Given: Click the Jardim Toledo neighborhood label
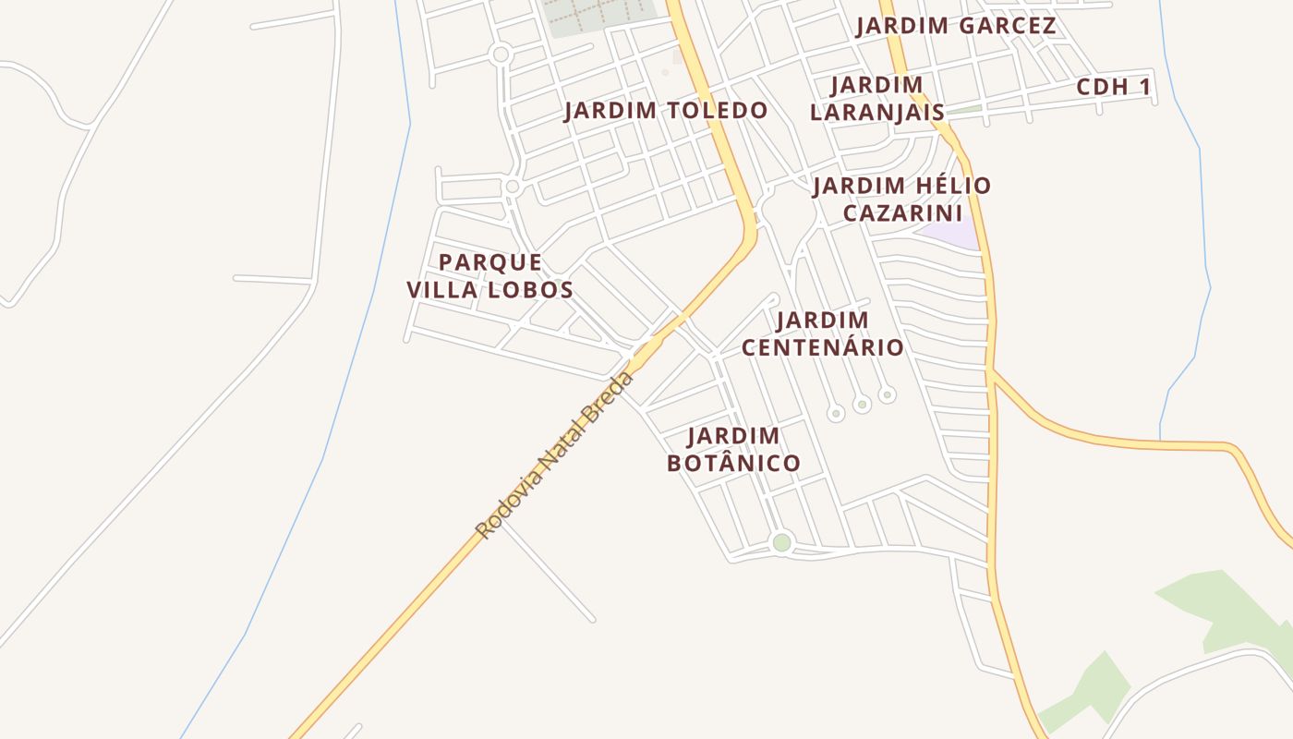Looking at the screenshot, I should point(665,111).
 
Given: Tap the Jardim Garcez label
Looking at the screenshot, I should point(955,26).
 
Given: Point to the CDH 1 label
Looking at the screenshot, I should point(1114,88).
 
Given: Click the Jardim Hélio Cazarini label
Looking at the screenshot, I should point(901,200).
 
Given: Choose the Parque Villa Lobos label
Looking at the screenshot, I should point(490,275).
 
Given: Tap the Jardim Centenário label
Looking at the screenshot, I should point(822,333).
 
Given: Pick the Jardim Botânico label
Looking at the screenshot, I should point(733,449).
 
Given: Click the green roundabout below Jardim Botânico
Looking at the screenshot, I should point(781,542).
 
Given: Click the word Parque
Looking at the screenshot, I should point(490,262).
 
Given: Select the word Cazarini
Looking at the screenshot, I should point(902,213).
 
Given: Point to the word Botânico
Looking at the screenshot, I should point(733,463).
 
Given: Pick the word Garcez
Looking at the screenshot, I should point(1006,26).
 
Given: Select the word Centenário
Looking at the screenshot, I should point(822,347).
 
